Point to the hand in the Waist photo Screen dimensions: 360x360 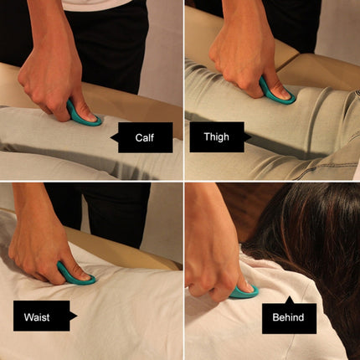pos(42,251)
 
